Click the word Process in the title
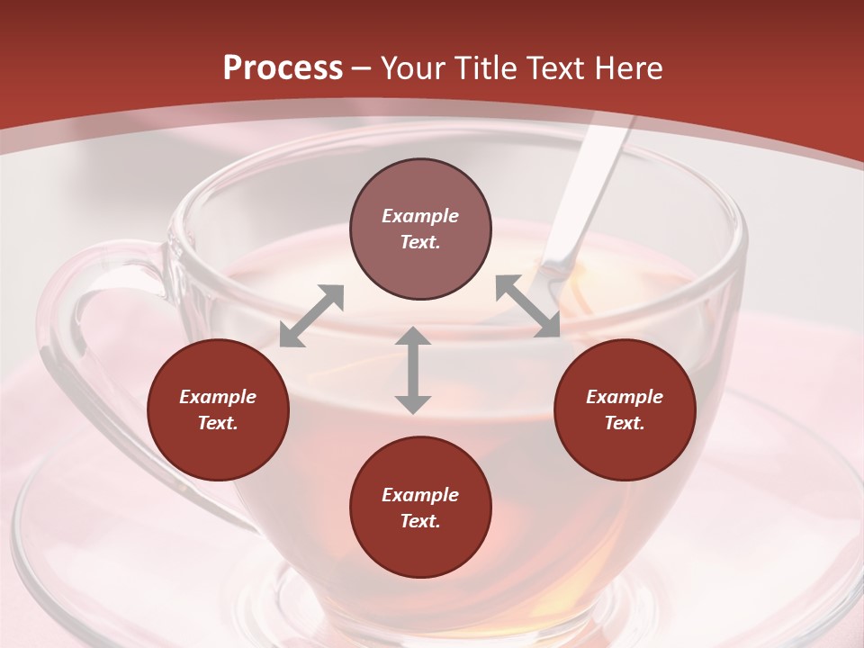pos(283,68)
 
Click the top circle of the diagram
pos(420,229)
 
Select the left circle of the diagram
pos(218,409)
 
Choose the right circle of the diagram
pos(625,409)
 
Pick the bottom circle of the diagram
pos(420,508)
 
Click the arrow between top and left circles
pos(311,316)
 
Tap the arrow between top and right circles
pos(528,306)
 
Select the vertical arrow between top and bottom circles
pos(413,370)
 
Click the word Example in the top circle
pos(420,216)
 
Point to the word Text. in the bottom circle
pos(420,521)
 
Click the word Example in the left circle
pos(218,397)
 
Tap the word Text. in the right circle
pos(625,423)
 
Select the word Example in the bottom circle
pos(420,495)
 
